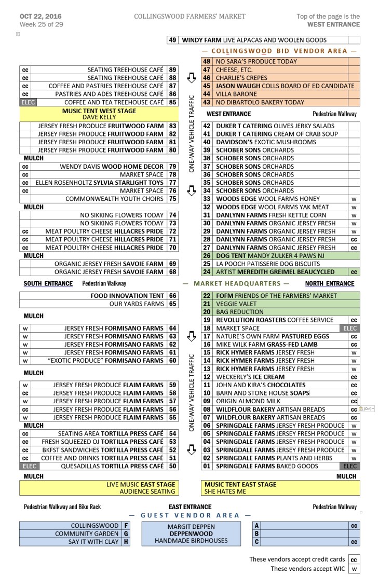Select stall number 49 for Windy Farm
pos(173,40)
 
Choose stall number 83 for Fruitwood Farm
pos(172,126)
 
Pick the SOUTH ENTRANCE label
pos(48,283)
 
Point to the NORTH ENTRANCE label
pos(330,283)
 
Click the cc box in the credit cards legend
pos(354,559)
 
